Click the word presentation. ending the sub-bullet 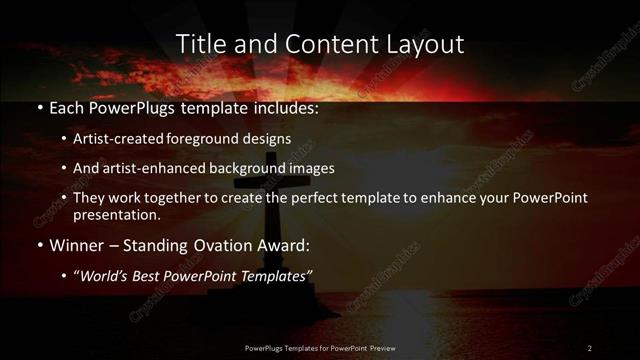[x=116, y=214]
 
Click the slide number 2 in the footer [x=589, y=348]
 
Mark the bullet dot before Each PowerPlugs [x=38, y=108]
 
